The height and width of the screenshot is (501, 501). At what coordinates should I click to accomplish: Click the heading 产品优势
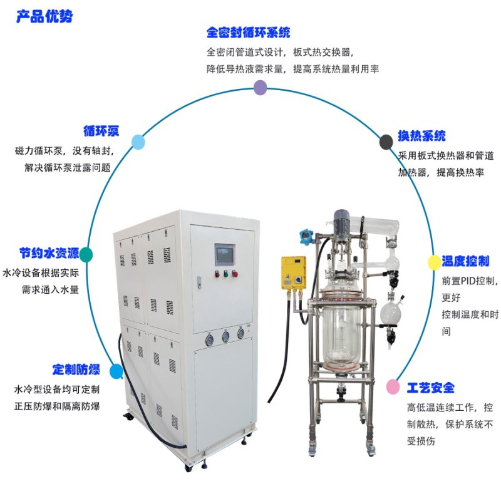pyautogui.click(x=44, y=16)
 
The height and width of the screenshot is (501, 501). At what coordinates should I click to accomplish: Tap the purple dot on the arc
pyautogui.click(x=261, y=87)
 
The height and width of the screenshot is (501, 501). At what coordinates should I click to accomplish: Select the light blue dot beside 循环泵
pyautogui.click(x=138, y=142)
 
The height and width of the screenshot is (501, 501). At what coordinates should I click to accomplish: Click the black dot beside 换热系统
pyautogui.click(x=386, y=142)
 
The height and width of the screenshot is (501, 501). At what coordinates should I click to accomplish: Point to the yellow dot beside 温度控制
pyautogui.click(x=434, y=262)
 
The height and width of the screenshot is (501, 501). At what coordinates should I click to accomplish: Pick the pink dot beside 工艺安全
pyautogui.click(x=393, y=386)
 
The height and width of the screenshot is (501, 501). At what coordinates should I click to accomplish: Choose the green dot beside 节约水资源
pyautogui.click(x=86, y=255)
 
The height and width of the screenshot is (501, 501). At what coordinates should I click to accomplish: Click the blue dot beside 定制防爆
pyautogui.click(x=116, y=371)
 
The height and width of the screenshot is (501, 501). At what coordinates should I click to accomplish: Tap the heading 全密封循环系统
pyautogui.click(x=248, y=33)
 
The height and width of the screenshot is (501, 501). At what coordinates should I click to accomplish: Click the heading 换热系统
pyautogui.click(x=421, y=136)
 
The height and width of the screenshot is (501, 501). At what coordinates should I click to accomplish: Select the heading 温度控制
pyautogui.click(x=465, y=261)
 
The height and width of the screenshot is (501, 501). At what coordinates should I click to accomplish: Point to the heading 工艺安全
pyautogui.click(x=431, y=388)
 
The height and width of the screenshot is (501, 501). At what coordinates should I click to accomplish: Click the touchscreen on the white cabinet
pyautogui.click(x=225, y=255)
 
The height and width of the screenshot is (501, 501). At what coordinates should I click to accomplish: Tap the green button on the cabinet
pyautogui.click(x=226, y=274)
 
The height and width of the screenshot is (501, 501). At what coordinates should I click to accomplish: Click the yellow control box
pyautogui.click(x=293, y=273)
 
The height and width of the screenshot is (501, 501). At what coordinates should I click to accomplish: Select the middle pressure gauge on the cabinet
pyautogui.click(x=225, y=336)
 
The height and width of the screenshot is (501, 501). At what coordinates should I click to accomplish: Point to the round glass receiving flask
pyautogui.click(x=390, y=312)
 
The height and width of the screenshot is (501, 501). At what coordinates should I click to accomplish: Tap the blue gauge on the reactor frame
pyautogui.click(x=306, y=237)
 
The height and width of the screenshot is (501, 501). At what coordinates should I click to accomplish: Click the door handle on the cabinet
pyautogui.click(x=199, y=282)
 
